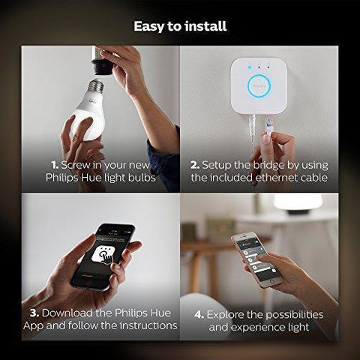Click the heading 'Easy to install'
coord(180,27)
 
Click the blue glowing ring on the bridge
coord(259,85)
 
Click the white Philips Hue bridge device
coord(259,85)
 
